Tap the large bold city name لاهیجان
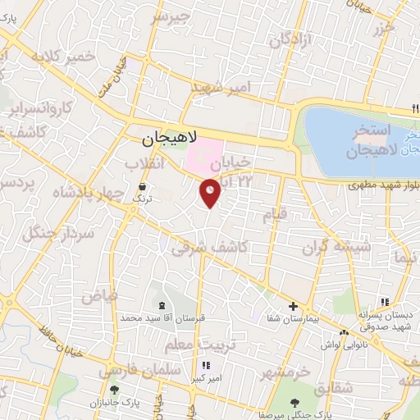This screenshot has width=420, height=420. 161,140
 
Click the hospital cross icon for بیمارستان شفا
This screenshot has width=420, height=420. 293,306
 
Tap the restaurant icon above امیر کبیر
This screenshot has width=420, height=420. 205,366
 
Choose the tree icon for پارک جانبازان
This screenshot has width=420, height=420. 113,390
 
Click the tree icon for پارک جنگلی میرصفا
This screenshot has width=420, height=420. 294,402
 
